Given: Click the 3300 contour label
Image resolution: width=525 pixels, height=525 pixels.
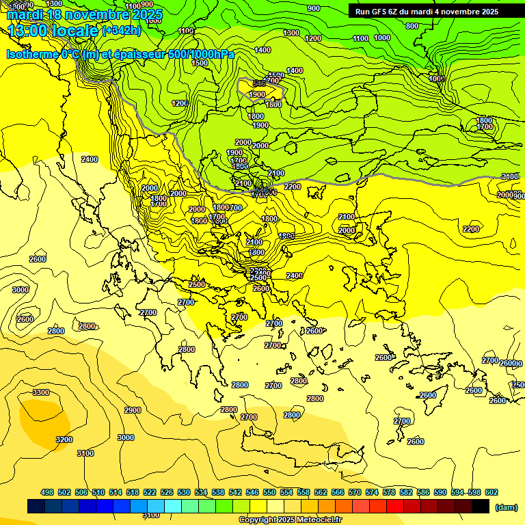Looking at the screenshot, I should tap(41, 392).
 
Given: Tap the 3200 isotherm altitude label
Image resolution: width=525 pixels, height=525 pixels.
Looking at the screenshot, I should tap(64, 440).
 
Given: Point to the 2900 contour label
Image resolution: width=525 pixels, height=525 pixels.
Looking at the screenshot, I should tap(133, 410).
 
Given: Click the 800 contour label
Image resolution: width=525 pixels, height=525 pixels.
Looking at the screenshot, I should tap(412, 26).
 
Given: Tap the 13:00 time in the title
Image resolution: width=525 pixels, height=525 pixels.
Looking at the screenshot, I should tap(31, 31).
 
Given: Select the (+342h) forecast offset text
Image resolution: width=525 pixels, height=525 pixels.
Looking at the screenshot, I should tap(122, 31).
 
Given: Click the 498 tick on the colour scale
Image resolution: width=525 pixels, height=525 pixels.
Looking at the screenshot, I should tap(47, 492).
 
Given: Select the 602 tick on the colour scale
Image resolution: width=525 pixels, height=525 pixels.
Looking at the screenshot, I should tap(491, 492).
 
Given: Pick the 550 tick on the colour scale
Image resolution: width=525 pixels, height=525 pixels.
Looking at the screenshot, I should tap(269, 492).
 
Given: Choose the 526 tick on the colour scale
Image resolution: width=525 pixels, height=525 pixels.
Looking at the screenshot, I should tap(167, 492).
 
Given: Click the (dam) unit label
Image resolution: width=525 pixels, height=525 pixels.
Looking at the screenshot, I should tap(507, 507).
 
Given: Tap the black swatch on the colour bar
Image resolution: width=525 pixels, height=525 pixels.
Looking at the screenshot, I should tap(480, 507).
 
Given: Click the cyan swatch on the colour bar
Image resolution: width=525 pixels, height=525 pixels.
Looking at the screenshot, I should tap(173, 507).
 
